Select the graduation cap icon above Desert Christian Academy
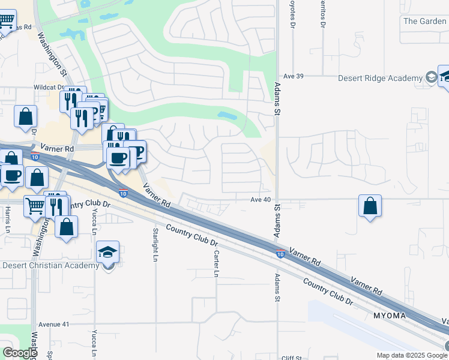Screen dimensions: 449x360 point(108,252)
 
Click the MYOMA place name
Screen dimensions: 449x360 point(389,316)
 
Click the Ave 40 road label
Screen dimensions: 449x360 point(262,199)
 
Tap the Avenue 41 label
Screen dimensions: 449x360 point(54,324)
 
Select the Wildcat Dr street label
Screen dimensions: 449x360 point(49,87)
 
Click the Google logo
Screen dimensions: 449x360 point(19,353)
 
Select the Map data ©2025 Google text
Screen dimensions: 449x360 point(412,355)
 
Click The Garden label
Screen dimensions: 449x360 point(425,21)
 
